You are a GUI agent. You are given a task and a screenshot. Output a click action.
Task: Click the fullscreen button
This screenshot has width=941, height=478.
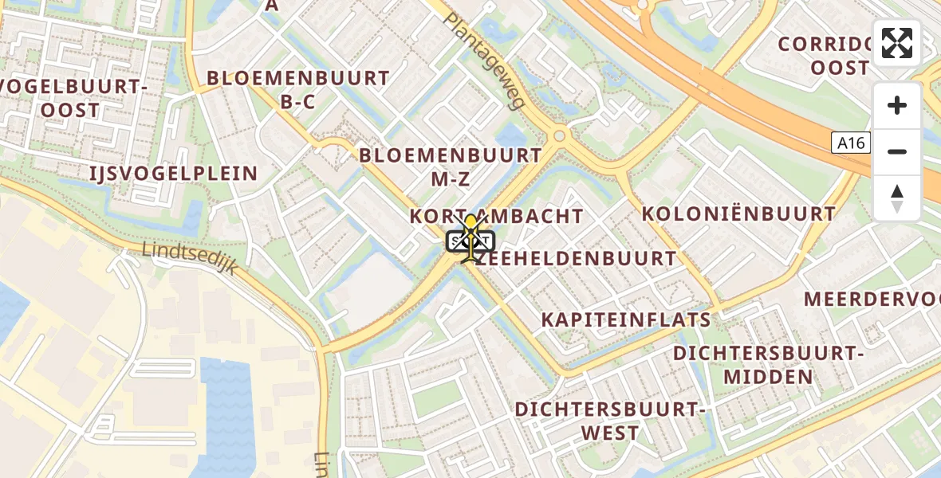pos(897,43)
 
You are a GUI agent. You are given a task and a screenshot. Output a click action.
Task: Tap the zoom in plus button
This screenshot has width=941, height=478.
pos(897,106)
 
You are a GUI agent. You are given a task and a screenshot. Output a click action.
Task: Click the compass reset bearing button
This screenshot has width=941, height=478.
pos(897,198)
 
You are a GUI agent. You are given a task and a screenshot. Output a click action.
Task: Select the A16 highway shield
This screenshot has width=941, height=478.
pos(851,143)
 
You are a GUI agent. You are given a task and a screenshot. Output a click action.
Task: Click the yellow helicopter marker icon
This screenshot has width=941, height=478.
pos(471,238)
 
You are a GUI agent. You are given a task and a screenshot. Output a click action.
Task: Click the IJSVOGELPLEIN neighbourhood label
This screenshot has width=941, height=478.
pos(174,174)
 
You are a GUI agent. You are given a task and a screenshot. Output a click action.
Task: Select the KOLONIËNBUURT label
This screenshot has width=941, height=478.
pos(738,214)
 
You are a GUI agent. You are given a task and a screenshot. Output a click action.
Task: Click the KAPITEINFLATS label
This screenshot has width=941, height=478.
pos(626,319)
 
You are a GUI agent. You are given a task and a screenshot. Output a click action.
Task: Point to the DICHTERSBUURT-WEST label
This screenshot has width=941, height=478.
pos(610,421)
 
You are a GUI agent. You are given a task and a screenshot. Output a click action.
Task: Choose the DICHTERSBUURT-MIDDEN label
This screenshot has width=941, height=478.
pos(769,364)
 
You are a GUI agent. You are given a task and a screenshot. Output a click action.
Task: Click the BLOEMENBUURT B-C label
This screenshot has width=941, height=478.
pos(298,89)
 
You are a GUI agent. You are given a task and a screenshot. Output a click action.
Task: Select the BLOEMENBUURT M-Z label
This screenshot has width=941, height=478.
pos(451,167)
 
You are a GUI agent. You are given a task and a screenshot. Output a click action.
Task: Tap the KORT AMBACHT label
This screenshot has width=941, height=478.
pos(497,216)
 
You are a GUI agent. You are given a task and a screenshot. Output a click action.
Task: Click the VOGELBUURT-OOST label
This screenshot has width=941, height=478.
pos(72,98)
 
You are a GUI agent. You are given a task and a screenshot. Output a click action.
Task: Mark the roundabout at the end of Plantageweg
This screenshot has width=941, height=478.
pos(559,136)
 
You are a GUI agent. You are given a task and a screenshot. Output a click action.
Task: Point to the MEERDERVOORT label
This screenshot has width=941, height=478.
pos(872,300)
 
